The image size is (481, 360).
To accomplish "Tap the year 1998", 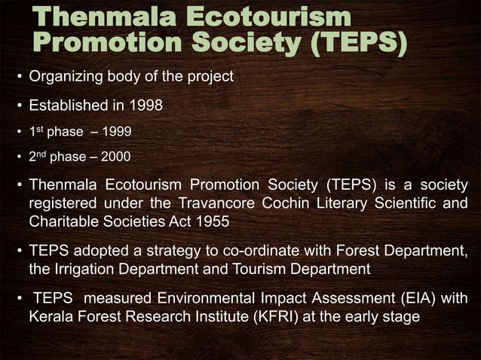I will tap(146, 105).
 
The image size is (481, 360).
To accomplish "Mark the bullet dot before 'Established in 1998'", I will tap(19, 105).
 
